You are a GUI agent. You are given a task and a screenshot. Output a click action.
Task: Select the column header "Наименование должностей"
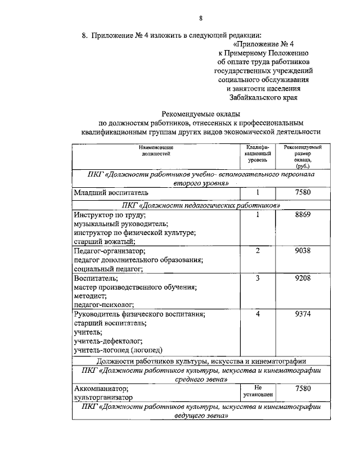[x=156, y=150]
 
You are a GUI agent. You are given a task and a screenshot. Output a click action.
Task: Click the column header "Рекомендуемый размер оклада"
[x=303, y=157]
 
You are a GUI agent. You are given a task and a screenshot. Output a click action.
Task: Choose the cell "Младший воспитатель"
[x=110, y=193]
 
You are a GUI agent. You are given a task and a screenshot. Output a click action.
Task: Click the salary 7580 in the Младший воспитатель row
[x=303, y=193]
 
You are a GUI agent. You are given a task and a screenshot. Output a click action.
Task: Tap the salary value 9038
[x=303, y=251]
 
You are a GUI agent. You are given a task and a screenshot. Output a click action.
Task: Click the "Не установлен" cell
[x=258, y=391]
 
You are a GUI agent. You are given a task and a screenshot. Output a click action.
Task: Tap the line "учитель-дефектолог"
[x=108, y=341]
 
